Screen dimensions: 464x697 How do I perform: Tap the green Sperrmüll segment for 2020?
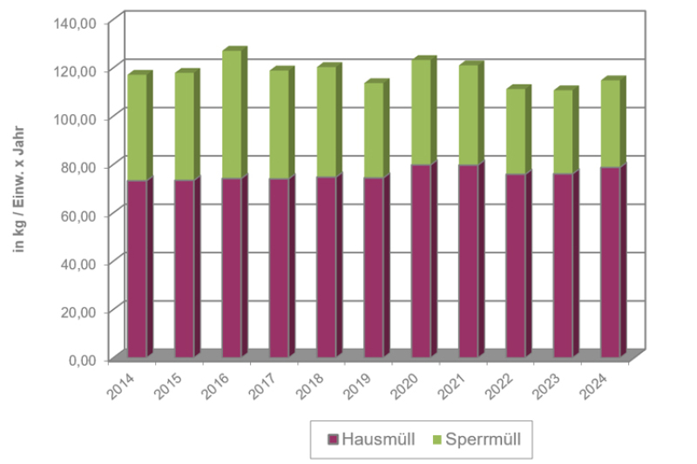tap(421, 112)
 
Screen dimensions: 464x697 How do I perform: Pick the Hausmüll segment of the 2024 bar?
tap(610, 261)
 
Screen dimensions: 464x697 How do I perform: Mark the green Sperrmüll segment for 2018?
tap(326, 122)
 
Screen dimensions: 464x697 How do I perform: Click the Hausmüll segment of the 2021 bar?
tap(468, 260)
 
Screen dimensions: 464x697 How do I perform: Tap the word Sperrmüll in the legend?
tap(483, 439)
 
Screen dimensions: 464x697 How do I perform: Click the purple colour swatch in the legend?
tap(332, 440)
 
